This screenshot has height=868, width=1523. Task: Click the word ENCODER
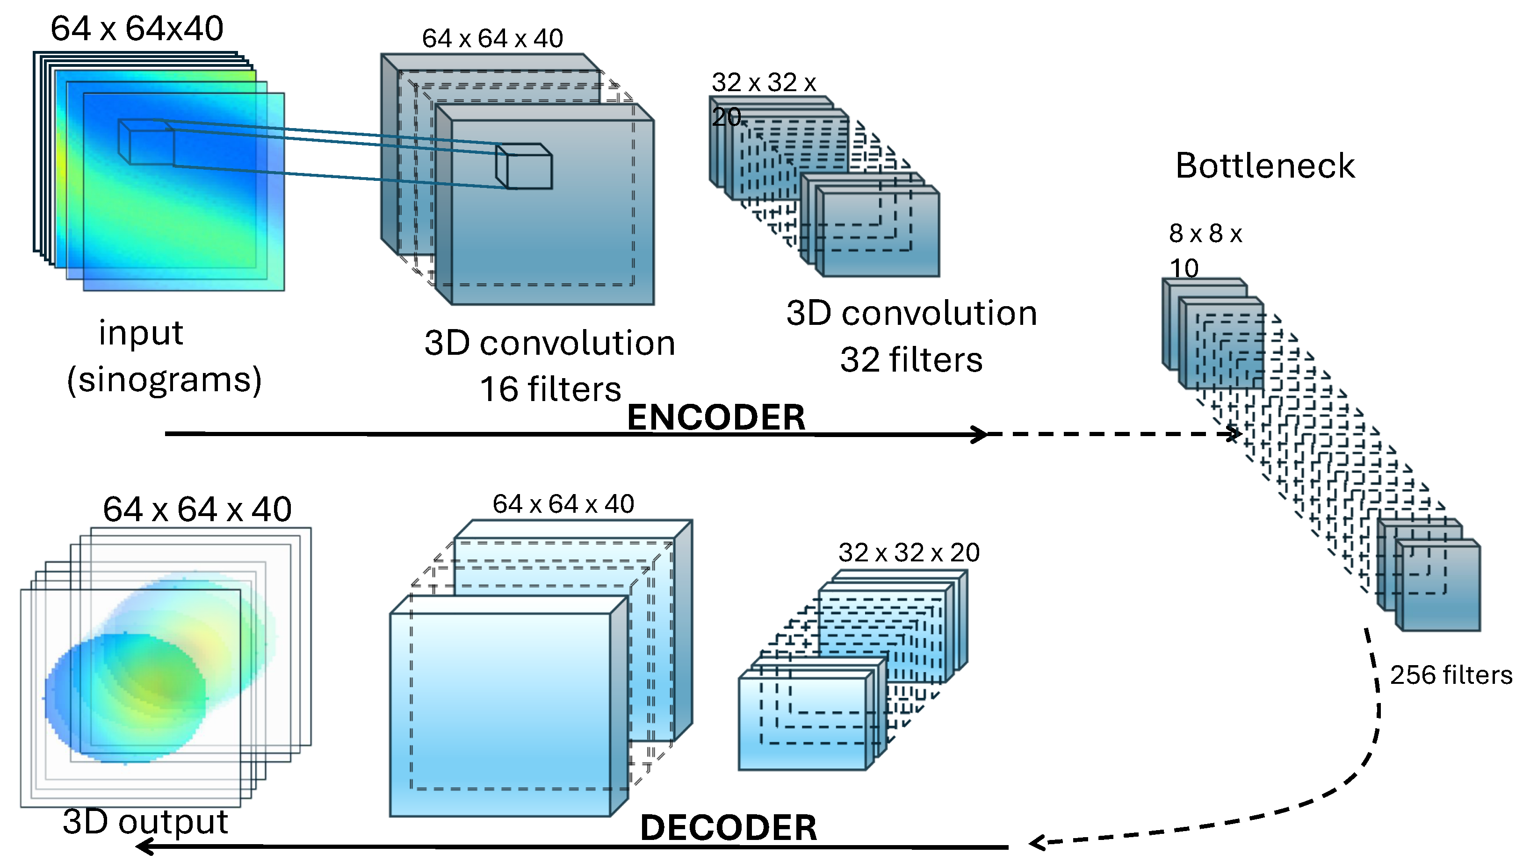(715, 417)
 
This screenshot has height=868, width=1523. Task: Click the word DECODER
(728, 827)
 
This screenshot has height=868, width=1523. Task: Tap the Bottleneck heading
(1265, 166)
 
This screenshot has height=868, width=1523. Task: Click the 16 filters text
(550, 389)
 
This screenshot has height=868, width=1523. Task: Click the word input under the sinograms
(141, 333)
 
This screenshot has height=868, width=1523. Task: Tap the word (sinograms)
(164, 380)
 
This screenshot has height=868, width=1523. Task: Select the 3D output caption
(145, 822)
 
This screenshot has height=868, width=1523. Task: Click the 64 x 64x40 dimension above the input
(137, 28)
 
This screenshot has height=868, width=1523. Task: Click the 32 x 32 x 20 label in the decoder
(908, 552)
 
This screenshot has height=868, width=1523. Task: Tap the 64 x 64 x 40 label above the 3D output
(197, 509)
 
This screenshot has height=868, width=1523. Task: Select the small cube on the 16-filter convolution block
(525, 167)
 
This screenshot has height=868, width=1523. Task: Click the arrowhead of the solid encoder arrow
(979, 434)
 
